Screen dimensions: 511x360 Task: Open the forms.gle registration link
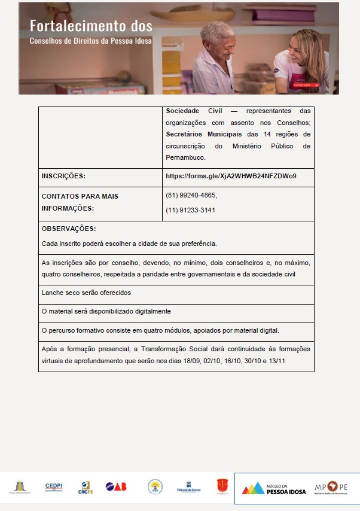tap(231, 177)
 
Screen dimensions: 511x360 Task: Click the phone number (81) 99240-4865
tap(191, 195)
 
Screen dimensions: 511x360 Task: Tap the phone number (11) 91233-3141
tap(191, 210)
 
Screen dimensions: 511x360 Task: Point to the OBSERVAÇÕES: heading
tap(69, 229)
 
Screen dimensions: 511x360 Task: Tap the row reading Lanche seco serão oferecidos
tap(86, 293)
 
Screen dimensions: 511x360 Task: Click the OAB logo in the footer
tap(116, 487)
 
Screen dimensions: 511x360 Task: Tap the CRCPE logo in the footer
tap(86, 488)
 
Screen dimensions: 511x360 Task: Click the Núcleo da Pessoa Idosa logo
tap(274, 488)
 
